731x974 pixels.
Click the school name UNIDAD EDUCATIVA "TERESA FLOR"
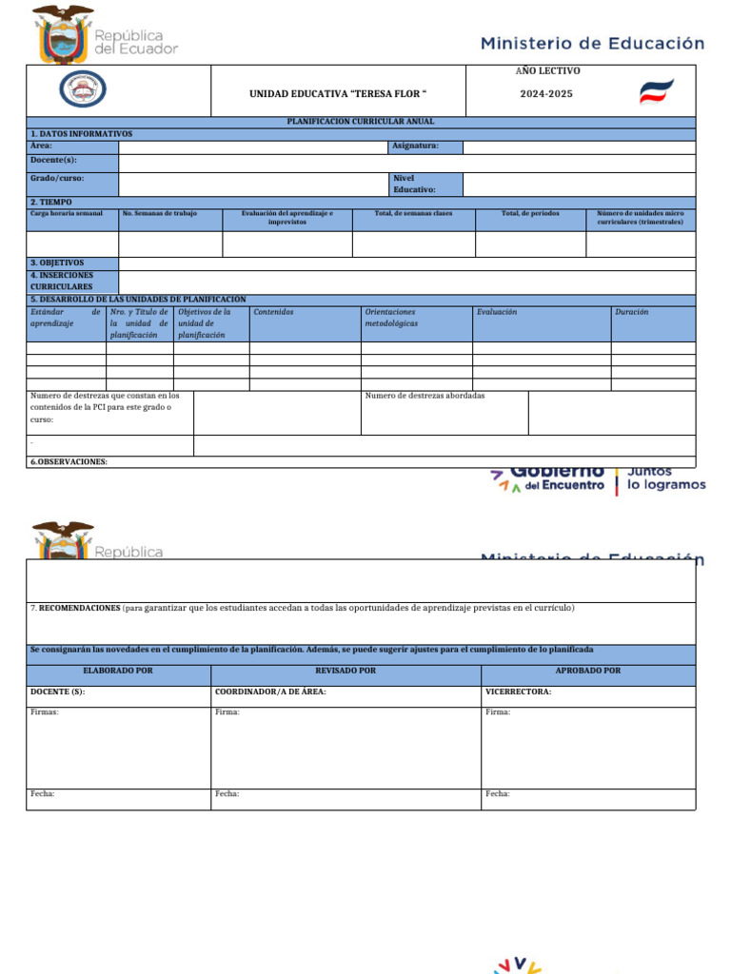[x=338, y=94]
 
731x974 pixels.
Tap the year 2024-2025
[x=545, y=94]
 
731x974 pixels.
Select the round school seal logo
[x=83, y=89]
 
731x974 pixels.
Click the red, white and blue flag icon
[x=656, y=92]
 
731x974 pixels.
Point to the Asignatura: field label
[x=415, y=146]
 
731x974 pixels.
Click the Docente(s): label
[x=53, y=160]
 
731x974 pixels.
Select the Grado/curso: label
[x=58, y=178]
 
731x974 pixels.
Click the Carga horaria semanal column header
[x=67, y=213]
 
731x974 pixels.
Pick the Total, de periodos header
[x=530, y=213]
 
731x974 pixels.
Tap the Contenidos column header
[x=273, y=312]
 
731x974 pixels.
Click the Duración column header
[x=632, y=312]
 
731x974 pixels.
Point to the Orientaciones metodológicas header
[x=390, y=318]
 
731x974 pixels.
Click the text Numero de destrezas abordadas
[x=425, y=396]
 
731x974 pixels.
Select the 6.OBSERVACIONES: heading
[x=69, y=461]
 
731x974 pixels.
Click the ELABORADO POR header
[x=118, y=671]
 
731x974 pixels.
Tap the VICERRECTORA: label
[x=518, y=692]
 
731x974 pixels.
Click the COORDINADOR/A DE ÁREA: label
[x=270, y=692]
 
